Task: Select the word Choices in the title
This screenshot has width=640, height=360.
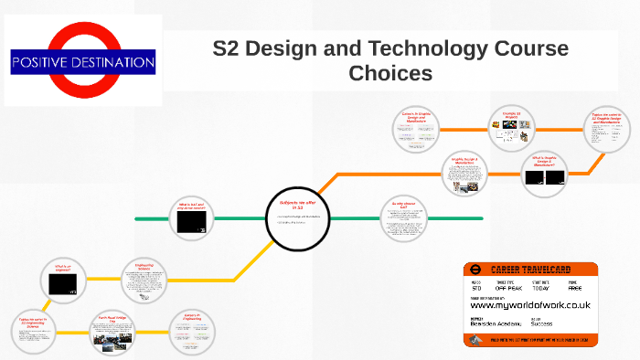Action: click(390, 72)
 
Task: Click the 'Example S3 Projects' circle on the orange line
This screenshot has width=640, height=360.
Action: click(510, 128)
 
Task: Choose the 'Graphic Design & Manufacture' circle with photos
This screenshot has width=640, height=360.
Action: click(466, 174)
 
